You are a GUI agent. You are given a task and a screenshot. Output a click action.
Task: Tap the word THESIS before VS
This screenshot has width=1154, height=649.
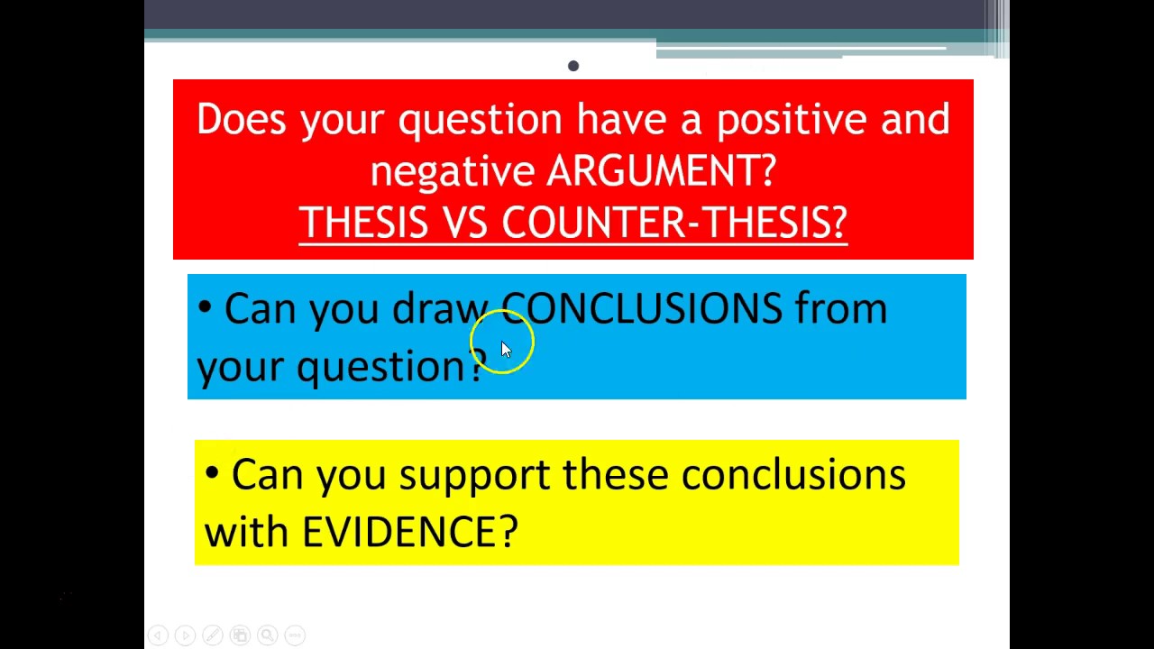(x=362, y=223)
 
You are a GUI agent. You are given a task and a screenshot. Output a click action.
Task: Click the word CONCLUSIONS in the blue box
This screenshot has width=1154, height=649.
(x=641, y=309)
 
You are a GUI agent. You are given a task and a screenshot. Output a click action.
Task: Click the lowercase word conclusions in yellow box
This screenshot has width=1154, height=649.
(x=792, y=475)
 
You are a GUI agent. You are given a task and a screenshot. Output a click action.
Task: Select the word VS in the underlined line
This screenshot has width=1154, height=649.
(x=464, y=223)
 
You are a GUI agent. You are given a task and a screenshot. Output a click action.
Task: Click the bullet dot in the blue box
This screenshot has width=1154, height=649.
(x=205, y=308)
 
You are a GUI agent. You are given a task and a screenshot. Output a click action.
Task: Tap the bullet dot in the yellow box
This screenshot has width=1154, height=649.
(x=212, y=473)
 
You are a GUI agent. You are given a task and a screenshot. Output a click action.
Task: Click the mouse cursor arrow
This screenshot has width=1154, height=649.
(x=505, y=350)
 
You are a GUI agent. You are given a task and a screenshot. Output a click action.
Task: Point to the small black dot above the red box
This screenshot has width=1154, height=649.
(x=573, y=66)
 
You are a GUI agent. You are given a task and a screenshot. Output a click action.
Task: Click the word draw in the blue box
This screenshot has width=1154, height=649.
(x=440, y=309)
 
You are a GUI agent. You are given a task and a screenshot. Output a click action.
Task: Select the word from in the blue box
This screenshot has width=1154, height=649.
(x=841, y=309)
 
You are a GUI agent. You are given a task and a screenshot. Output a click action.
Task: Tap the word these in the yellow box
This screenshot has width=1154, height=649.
(x=615, y=475)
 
